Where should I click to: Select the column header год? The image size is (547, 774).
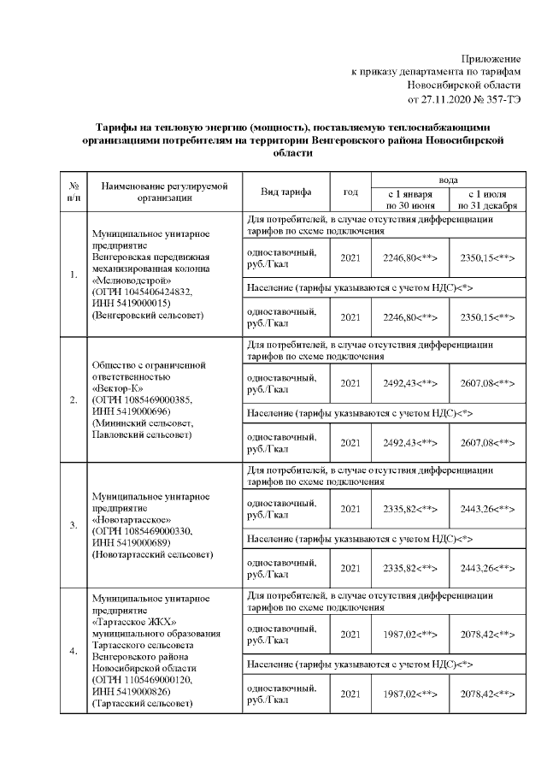(350, 192)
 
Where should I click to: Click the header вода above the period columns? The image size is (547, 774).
(447, 180)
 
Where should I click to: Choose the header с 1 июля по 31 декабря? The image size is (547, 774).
(485, 199)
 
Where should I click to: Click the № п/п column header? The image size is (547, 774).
(74, 192)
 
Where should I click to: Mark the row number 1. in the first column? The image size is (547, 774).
(74, 275)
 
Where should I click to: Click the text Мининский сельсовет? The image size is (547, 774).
(141, 422)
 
